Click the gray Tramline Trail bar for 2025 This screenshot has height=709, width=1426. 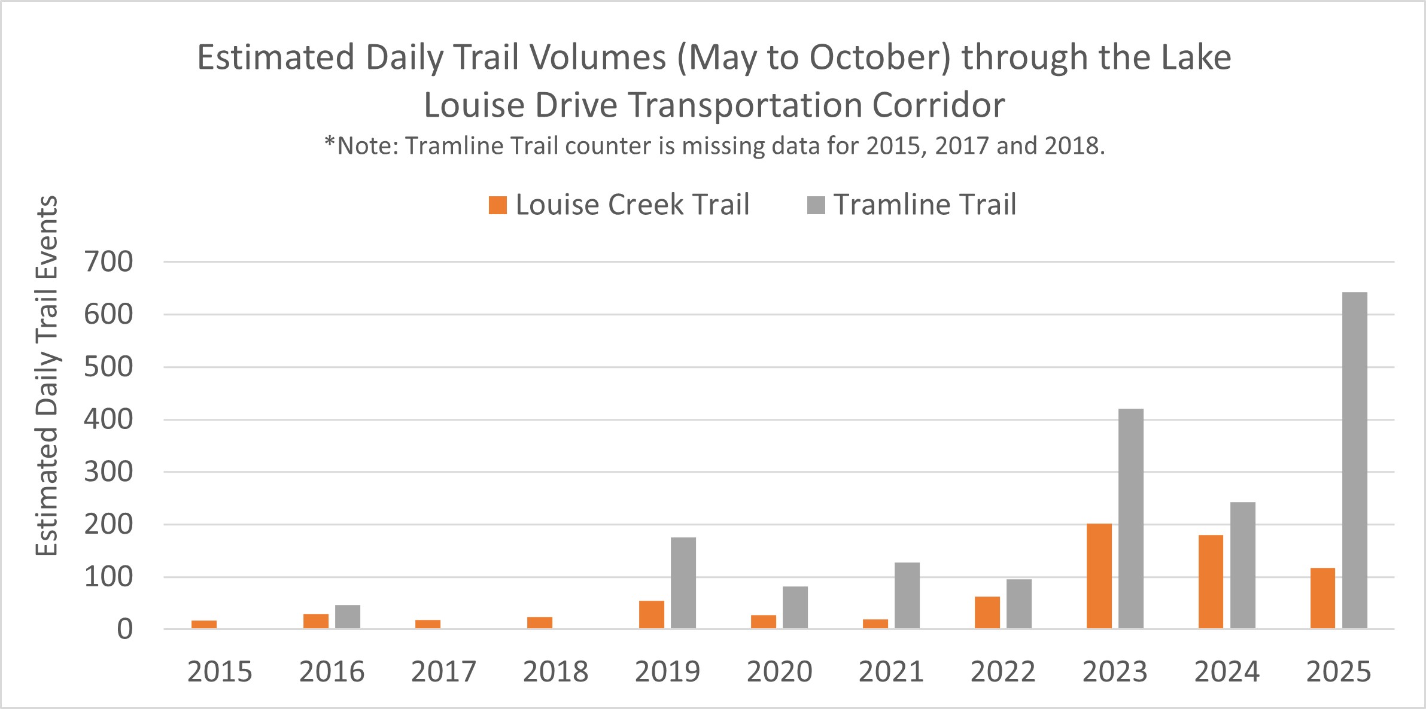[x=1354, y=460]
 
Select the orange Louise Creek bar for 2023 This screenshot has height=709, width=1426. [x=1099, y=576]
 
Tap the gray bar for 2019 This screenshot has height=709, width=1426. [x=683, y=583]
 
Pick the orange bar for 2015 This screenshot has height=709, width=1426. [x=204, y=625]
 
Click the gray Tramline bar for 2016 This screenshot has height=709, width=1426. [x=348, y=617]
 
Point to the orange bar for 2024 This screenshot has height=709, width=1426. [x=1211, y=582]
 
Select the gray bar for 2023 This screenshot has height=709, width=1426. [x=1131, y=518]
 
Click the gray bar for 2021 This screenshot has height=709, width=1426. [x=907, y=595]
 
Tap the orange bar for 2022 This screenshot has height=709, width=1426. [x=987, y=613]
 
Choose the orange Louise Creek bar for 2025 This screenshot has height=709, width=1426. [x=1322, y=598]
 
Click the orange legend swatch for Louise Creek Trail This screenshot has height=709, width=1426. [x=498, y=205]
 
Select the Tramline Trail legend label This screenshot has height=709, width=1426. [x=925, y=205]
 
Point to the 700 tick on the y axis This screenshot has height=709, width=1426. [x=109, y=262]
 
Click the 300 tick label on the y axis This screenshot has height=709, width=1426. [x=109, y=472]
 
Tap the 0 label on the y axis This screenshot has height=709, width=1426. [x=124, y=629]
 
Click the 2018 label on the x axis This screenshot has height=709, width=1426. [x=555, y=672]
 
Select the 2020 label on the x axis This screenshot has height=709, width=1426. [x=779, y=672]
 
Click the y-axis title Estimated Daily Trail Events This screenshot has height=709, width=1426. [x=47, y=376]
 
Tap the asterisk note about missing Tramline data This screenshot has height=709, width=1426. [x=714, y=145]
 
